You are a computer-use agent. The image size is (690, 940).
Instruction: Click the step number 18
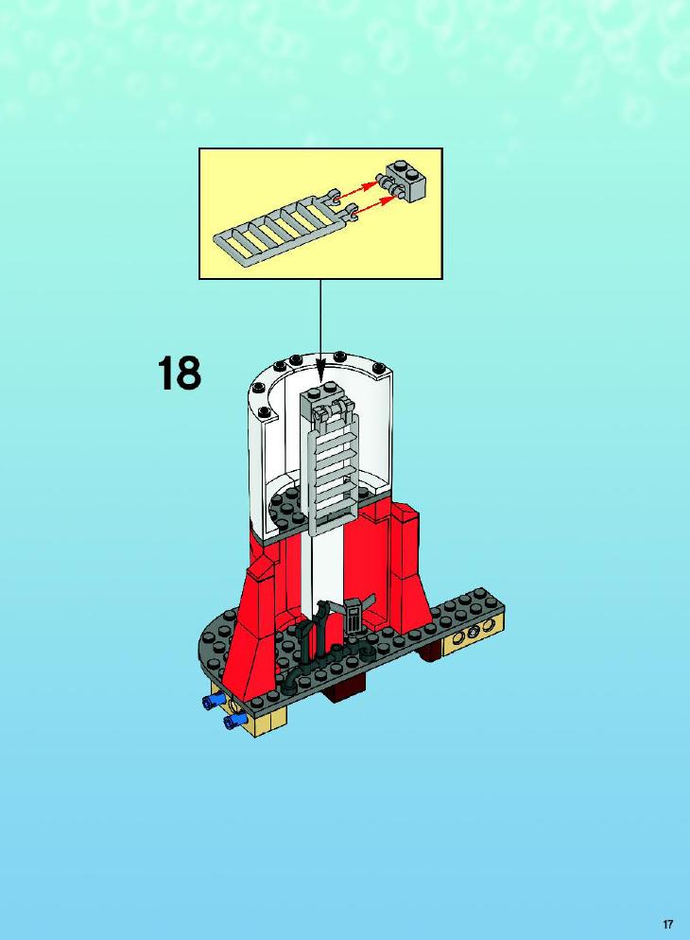coord(180,373)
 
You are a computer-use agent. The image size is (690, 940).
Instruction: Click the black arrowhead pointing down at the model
coord(320,371)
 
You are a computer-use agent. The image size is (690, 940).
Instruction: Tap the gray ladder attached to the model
coord(332,467)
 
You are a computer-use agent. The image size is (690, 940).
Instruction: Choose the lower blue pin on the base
coord(234,722)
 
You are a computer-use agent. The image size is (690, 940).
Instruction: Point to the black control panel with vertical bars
coord(354,617)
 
